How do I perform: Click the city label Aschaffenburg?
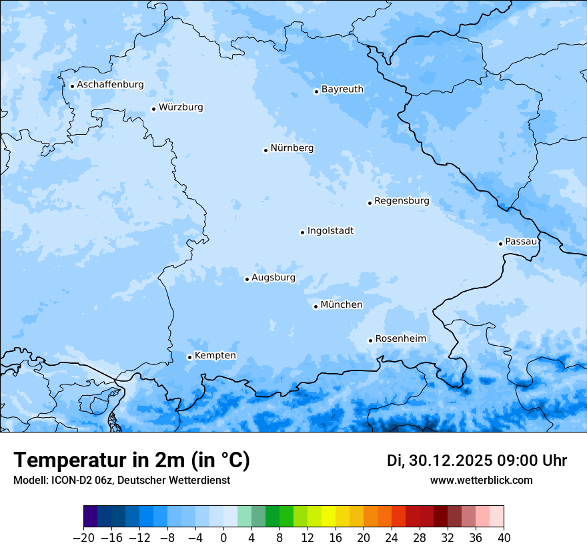[x=110, y=85]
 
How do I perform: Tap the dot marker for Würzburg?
[x=153, y=109]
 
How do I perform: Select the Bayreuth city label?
[x=342, y=89]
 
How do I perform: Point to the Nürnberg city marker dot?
[x=265, y=150]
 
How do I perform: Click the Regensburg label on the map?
[x=402, y=201]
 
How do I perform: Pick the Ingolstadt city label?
[x=330, y=231]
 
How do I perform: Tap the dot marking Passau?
[x=500, y=244]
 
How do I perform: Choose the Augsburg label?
[x=273, y=278]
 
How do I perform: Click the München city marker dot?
[x=316, y=307]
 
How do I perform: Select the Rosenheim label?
[x=400, y=339]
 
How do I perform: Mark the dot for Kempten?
[x=189, y=357]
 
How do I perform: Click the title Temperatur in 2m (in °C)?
[x=131, y=461]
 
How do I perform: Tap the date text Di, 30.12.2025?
[x=439, y=461]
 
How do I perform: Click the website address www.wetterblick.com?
[x=481, y=481]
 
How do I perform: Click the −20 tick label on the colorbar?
[x=83, y=538]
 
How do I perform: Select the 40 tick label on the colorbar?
[x=504, y=538]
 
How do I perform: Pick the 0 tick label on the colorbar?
[x=223, y=538]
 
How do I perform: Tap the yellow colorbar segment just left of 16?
[x=328, y=517]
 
